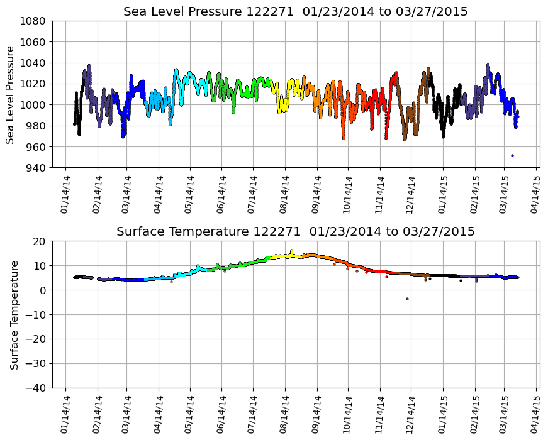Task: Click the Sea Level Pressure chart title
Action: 295,11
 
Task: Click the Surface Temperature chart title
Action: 295,232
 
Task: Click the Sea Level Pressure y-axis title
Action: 11,94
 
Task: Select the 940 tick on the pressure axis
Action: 36,168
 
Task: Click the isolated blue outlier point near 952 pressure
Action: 512,155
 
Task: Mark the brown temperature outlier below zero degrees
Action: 407,299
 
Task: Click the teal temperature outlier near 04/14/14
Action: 171,282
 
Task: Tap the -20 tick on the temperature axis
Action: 37,339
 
